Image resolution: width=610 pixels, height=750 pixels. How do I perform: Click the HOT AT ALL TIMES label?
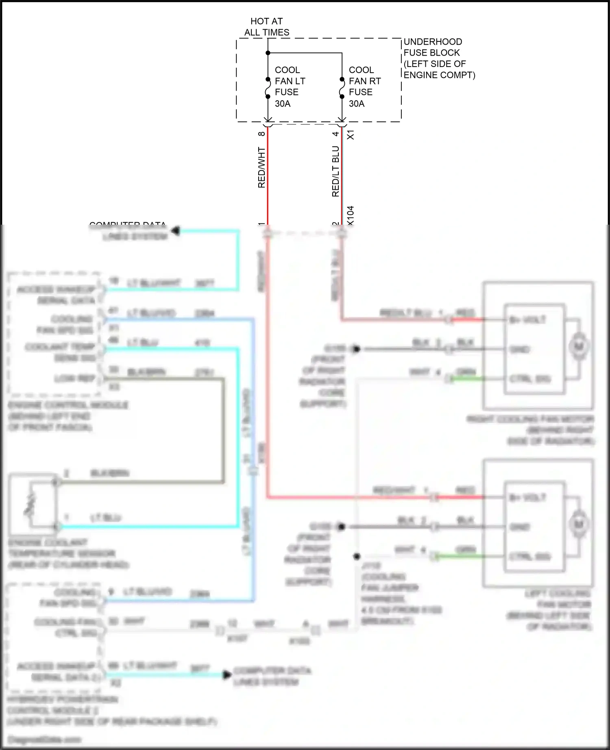267,27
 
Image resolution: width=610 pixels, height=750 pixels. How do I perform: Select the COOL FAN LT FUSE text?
290,87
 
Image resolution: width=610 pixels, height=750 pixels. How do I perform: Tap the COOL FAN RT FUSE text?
364,87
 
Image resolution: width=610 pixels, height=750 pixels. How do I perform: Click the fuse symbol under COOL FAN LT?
268,88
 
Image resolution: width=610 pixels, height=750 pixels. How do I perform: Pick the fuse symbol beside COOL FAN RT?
342,88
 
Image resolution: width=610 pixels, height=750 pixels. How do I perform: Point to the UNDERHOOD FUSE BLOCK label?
439,58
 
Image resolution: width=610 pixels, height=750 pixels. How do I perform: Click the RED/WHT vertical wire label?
261,167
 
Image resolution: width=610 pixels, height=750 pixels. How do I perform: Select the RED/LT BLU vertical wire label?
335,171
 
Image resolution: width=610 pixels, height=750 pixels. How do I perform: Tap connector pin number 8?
261,134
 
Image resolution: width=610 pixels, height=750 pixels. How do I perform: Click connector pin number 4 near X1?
335,134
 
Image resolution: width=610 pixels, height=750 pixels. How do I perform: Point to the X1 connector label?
351,135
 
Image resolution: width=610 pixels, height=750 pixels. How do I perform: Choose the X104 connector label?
351,215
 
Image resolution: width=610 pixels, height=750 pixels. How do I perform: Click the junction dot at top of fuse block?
268,53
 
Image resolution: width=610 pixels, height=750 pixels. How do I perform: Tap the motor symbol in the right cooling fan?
578,347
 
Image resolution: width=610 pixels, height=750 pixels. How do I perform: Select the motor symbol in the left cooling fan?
578,524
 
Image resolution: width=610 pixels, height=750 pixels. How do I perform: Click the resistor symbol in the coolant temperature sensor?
30,504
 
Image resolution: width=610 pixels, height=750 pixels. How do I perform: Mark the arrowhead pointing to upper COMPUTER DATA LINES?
176,231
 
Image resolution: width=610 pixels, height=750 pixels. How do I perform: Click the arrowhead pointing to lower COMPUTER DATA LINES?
227,675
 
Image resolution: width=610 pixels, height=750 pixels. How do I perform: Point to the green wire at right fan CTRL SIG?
468,379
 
